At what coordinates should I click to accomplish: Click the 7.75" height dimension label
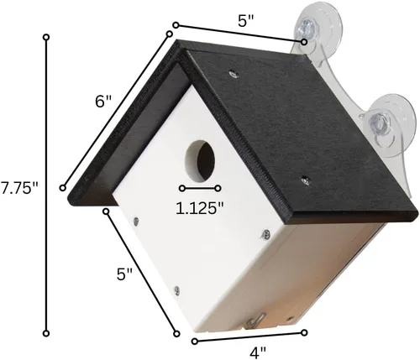coord(19,189)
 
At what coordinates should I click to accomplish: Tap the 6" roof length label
coord(103,102)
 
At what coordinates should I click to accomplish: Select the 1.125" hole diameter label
coord(200,208)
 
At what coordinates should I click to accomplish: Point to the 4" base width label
coord(258,352)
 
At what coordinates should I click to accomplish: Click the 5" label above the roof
coord(246,21)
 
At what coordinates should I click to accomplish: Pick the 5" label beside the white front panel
coord(124,274)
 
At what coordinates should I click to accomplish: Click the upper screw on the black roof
coord(234,74)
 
